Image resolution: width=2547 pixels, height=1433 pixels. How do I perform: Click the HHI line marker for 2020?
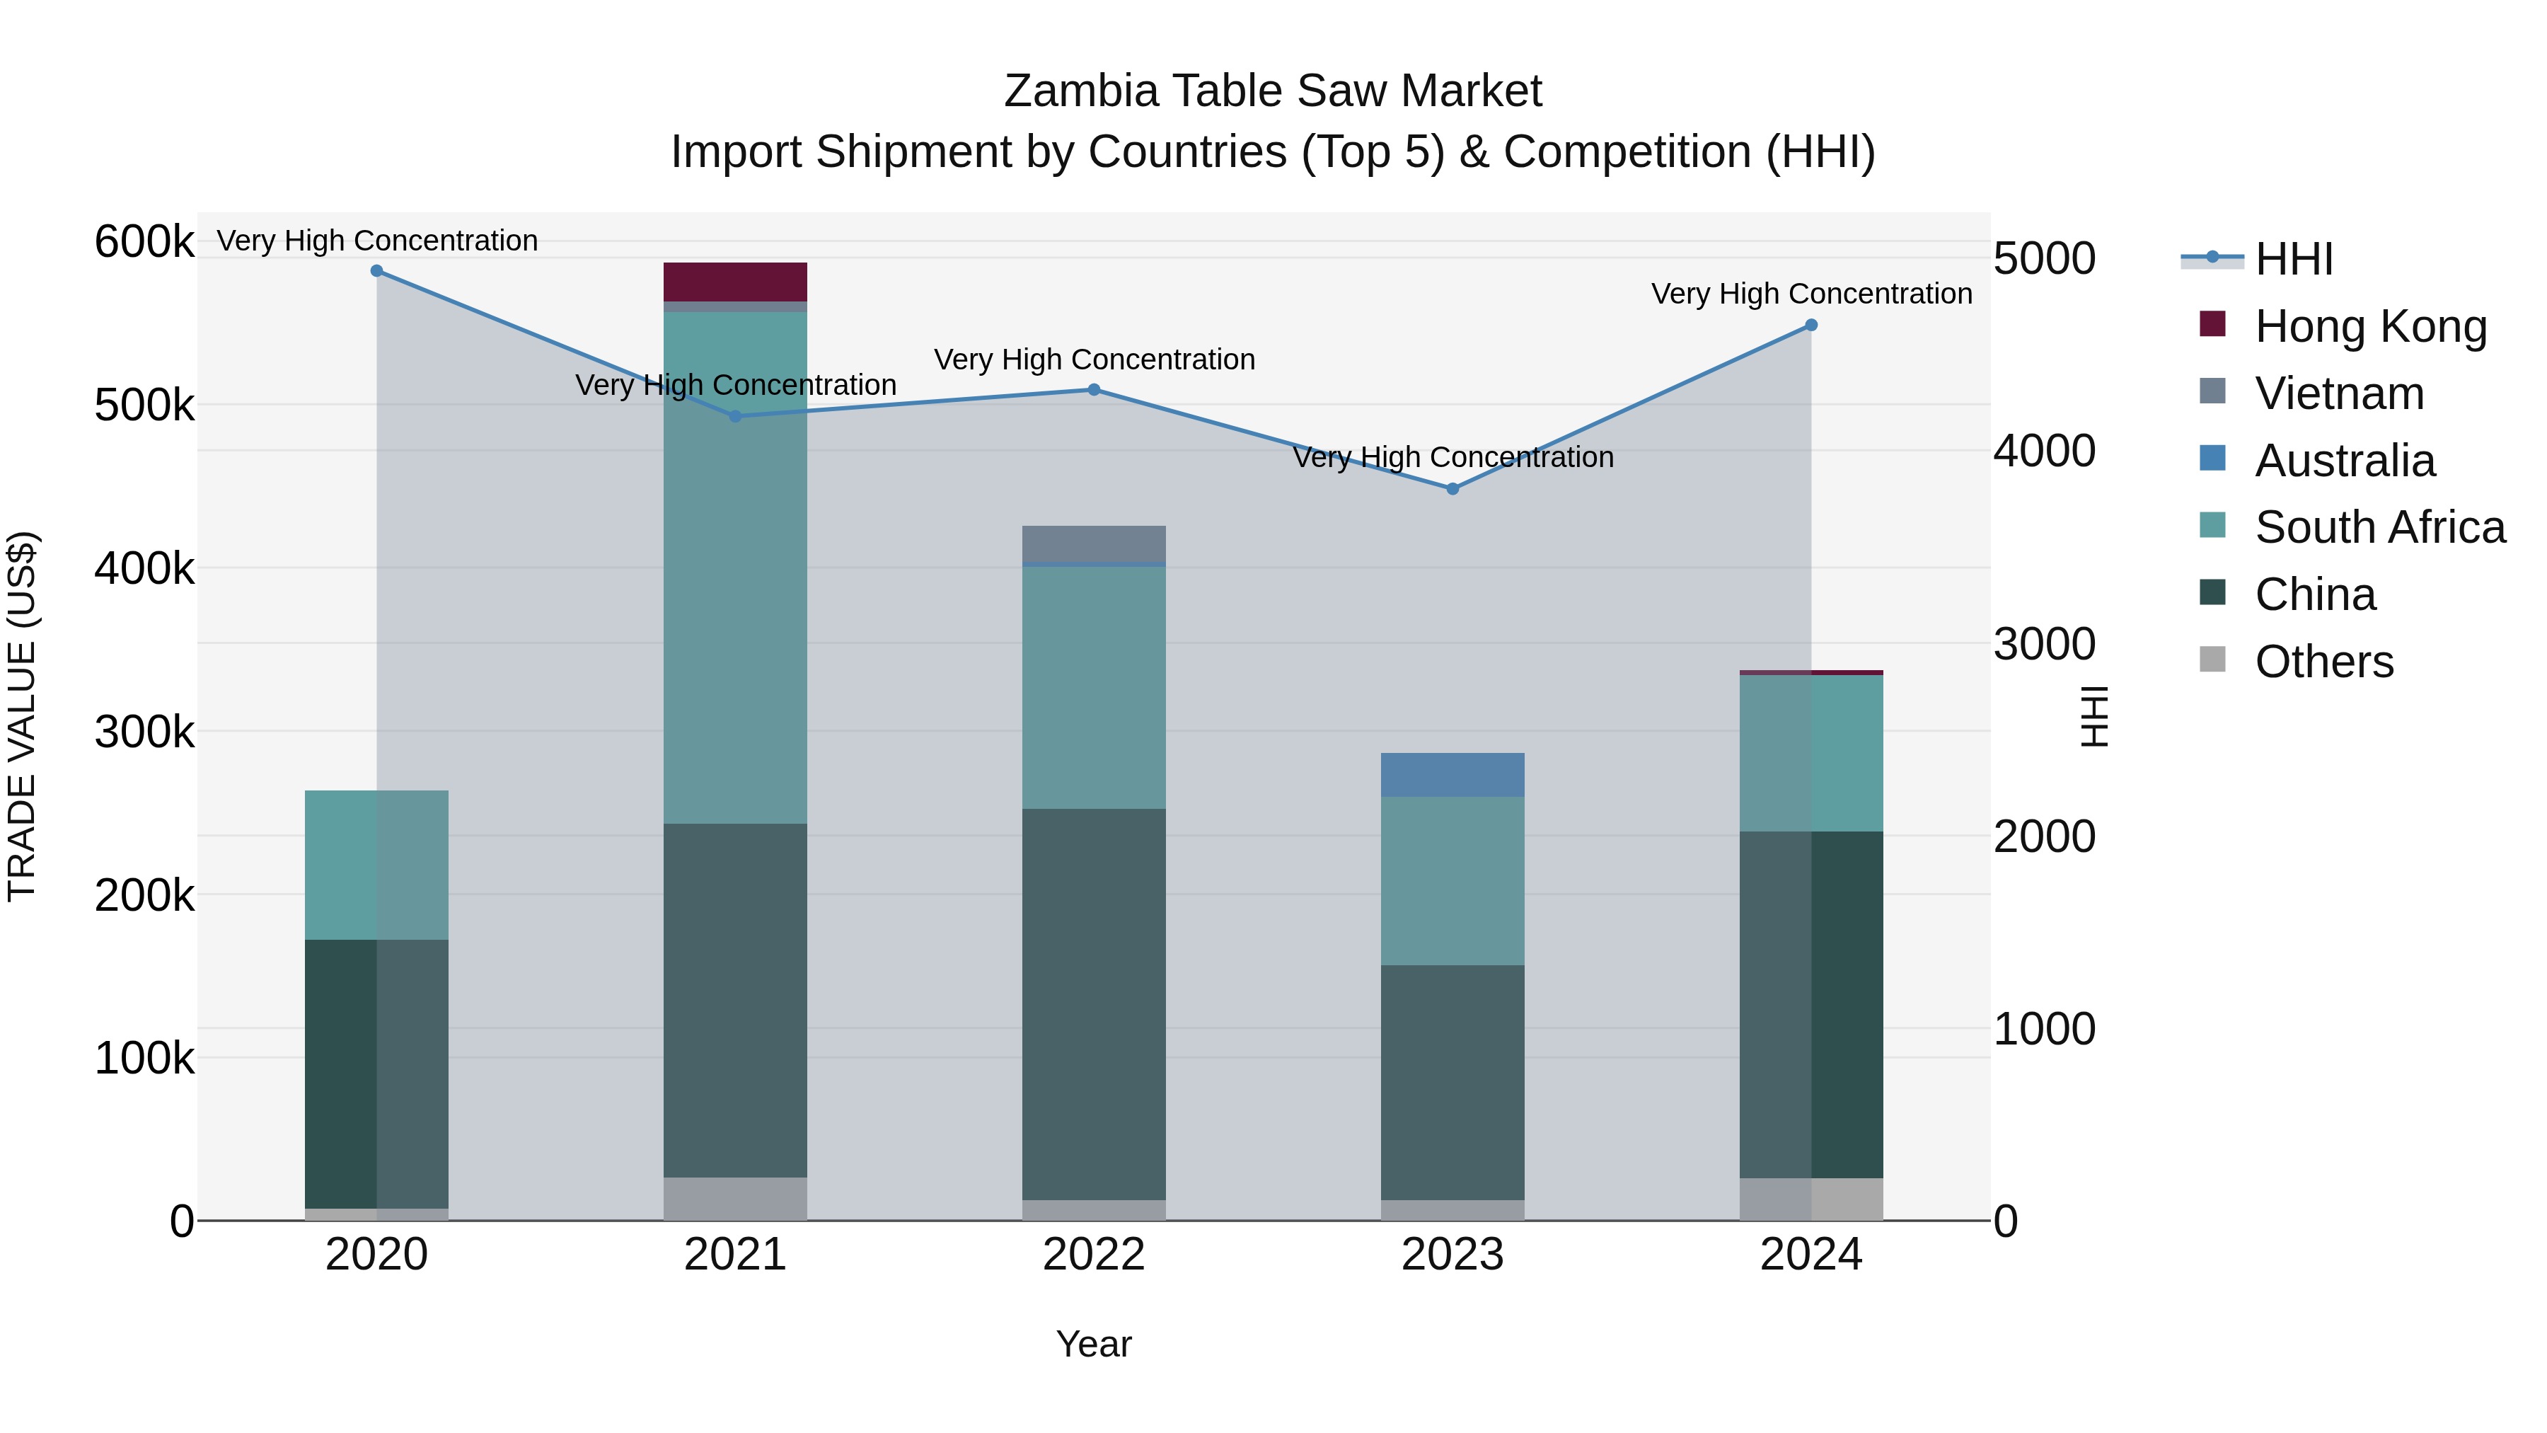(376, 271)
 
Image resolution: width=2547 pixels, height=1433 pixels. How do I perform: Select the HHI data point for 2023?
(1452, 488)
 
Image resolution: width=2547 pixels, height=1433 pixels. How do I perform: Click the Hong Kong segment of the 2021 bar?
(734, 282)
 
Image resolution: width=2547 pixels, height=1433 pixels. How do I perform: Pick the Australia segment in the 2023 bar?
(1452, 774)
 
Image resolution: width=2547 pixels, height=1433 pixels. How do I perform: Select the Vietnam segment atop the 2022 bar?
(1094, 544)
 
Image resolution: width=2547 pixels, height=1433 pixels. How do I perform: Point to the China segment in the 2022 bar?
(1094, 1003)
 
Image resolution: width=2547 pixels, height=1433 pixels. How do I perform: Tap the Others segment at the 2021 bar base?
(734, 1199)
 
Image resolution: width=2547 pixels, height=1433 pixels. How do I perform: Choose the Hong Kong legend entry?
(2370, 326)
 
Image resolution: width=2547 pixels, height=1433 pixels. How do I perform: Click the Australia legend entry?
(2345, 461)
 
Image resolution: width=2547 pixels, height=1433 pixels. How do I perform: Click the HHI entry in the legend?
(2294, 259)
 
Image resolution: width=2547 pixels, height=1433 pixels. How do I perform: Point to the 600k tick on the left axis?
(144, 241)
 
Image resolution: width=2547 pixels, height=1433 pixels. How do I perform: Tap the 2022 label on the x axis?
(1094, 1255)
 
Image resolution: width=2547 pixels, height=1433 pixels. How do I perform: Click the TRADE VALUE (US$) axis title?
(22, 716)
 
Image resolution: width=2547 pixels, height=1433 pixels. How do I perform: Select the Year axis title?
(1094, 1344)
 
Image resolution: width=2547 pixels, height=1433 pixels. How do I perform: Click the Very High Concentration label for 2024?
(1810, 294)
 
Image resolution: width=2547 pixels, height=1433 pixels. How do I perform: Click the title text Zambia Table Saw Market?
(1273, 91)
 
